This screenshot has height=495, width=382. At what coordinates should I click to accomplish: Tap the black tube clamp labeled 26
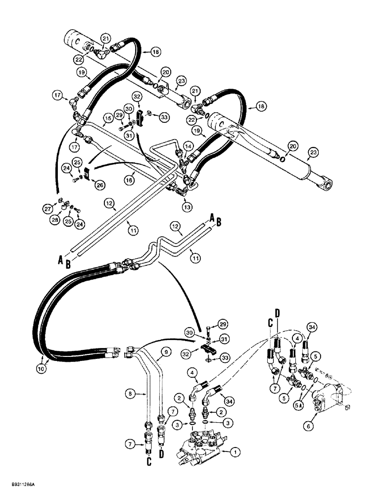tap(87, 173)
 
